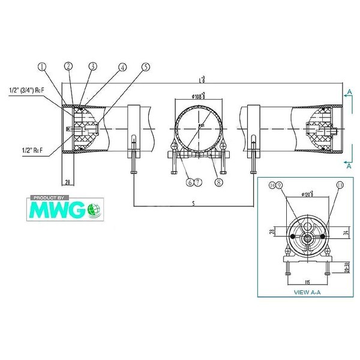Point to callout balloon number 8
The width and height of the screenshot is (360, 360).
(x=218, y=182)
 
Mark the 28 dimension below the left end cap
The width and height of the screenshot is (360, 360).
(x=68, y=181)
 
